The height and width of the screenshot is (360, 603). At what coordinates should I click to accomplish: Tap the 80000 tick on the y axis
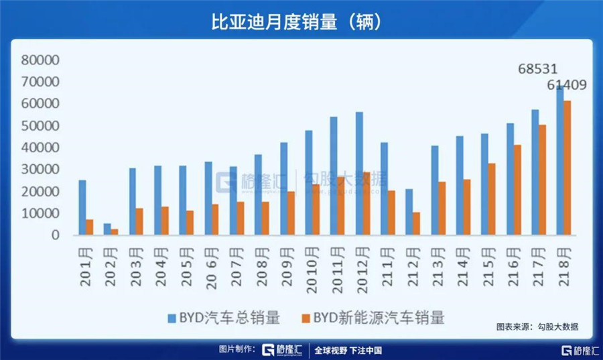coord(41,60)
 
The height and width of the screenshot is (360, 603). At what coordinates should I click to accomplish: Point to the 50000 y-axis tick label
coord(41,126)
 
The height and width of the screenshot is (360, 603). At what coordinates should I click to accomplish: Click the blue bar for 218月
coord(559,161)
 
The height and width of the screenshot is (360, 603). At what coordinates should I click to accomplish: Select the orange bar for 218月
coord(567,168)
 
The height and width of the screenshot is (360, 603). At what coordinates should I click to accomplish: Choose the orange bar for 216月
coord(517,190)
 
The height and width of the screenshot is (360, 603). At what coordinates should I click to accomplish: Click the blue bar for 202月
coord(107,229)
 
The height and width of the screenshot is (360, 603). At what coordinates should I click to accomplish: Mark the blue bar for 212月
coord(409,212)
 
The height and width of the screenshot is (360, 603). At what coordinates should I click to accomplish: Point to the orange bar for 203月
coord(139,221)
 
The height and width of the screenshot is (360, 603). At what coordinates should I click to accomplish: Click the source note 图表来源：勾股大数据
coord(537,327)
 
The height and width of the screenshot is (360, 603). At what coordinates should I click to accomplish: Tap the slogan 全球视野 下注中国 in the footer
coord(348,350)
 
